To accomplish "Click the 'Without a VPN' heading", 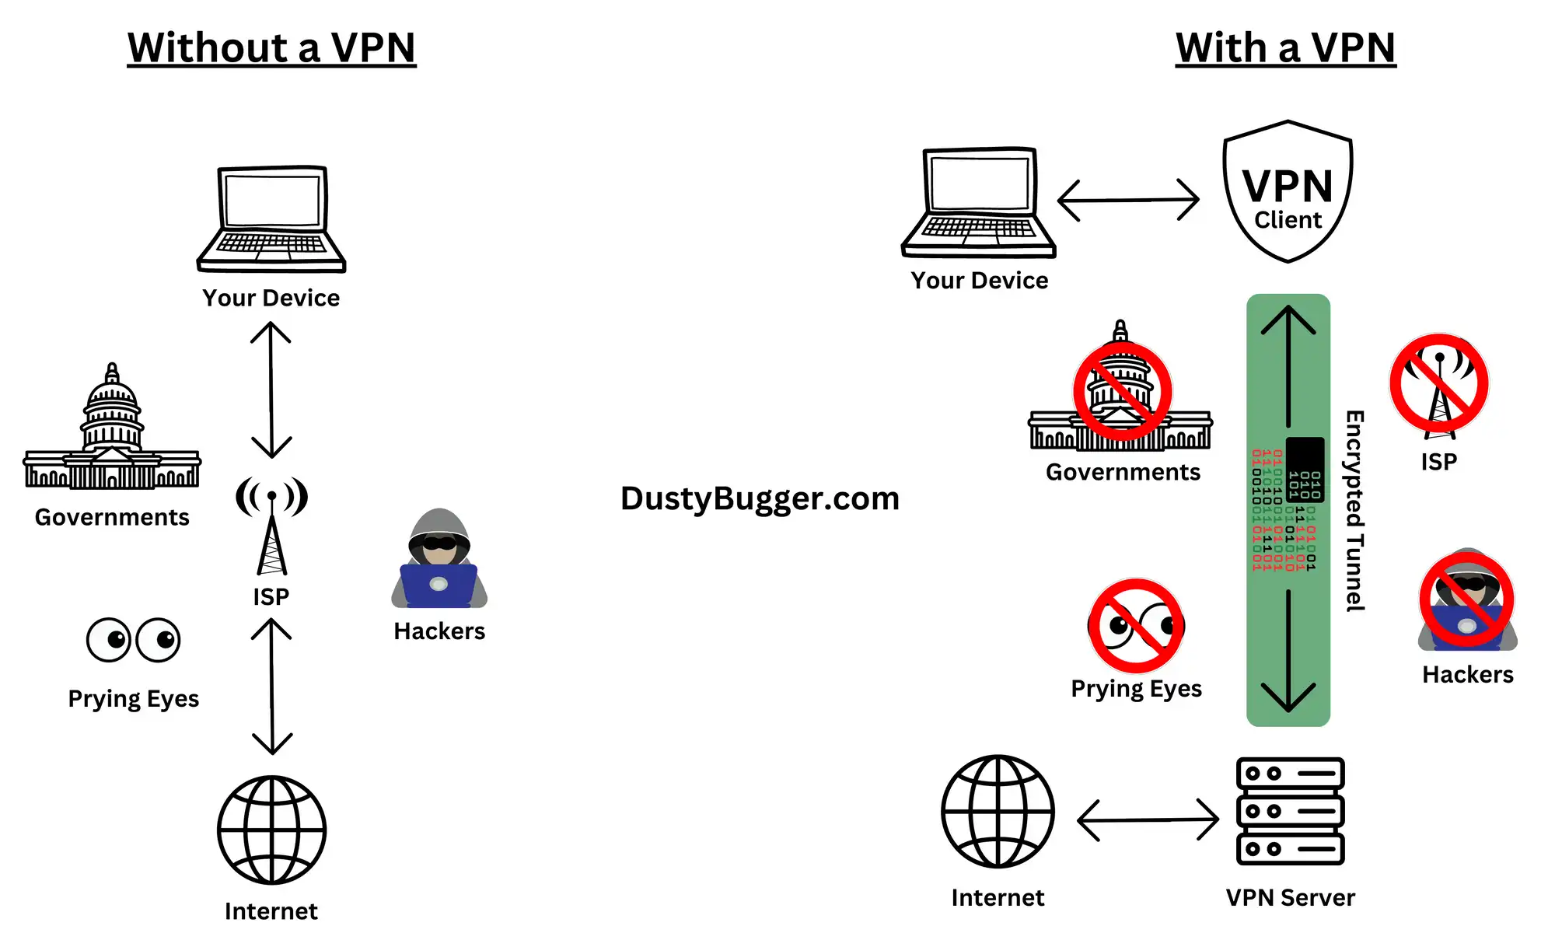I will (x=271, y=48).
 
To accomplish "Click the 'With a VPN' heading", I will (x=1285, y=48).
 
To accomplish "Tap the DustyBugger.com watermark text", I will (x=760, y=498).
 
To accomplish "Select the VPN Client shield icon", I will (x=1288, y=192).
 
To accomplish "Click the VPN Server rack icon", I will (x=1290, y=811).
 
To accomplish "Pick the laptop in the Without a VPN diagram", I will (x=271, y=219).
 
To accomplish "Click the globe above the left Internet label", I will (x=271, y=829).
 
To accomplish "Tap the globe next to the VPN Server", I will (x=998, y=811).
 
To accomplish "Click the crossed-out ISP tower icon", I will (x=1439, y=385).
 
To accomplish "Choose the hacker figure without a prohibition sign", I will (x=439, y=560).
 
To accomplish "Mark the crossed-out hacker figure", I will (x=1467, y=600).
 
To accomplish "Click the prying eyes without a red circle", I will (x=133, y=640).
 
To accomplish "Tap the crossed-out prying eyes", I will (x=1136, y=626).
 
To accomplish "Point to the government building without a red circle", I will (x=112, y=432).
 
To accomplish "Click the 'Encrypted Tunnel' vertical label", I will (x=1355, y=510).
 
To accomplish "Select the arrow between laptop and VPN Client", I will (x=1128, y=200).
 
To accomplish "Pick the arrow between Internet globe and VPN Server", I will (x=1148, y=819).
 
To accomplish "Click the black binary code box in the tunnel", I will (x=1305, y=470).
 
